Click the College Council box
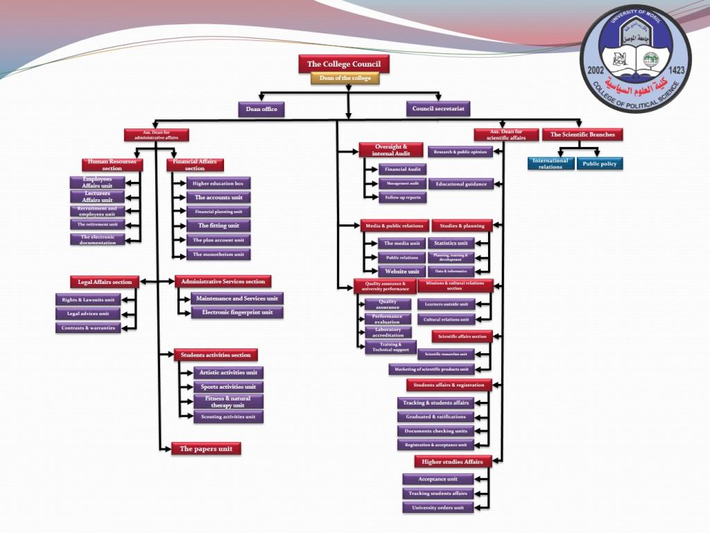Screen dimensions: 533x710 coord(344,65)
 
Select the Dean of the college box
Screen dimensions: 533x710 coord(345,78)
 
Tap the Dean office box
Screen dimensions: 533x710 coord(261,109)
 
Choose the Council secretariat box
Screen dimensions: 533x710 coord(438,109)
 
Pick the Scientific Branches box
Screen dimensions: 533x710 coord(582,135)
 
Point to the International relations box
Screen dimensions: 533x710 coord(551,164)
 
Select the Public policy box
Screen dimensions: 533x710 coord(600,164)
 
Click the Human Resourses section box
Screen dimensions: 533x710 coord(112,164)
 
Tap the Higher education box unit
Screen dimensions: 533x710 coord(218,183)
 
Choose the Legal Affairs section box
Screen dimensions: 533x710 coord(105,282)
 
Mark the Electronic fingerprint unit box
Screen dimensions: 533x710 coord(237,312)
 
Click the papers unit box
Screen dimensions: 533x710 coord(206,448)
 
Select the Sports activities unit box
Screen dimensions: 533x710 coord(228,387)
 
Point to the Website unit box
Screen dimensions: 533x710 coord(402,271)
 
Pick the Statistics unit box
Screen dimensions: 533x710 coord(451,243)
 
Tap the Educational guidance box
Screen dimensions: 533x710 coord(461,184)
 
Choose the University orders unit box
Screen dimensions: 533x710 coord(438,507)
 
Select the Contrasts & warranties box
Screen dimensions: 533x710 coord(88,328)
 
